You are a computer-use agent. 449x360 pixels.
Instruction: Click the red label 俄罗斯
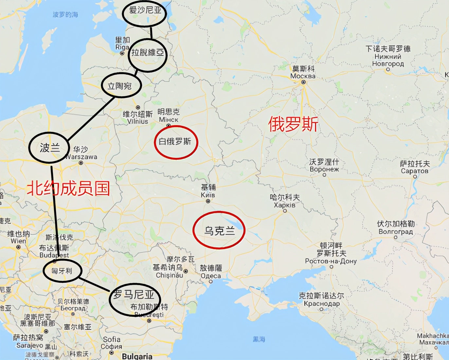point(293,124)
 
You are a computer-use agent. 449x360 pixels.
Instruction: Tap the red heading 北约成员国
point(68,189)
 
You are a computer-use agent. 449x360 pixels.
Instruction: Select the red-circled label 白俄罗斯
point(175,141)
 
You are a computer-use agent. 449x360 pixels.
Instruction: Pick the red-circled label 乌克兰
point(220,231)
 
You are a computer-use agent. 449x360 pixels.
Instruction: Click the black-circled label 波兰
point(50,148)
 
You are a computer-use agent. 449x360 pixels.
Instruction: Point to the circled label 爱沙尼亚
point(145,10)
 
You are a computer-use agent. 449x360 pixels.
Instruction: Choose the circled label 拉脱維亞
point(148,52)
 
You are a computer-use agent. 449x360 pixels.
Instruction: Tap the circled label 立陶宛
point(119,86)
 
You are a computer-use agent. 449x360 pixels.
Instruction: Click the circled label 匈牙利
point(62,271)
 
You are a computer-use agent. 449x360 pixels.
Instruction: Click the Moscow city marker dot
point(303,82)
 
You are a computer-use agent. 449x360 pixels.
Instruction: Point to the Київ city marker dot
point(208,201)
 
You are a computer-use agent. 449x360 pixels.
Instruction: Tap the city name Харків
point(284,205)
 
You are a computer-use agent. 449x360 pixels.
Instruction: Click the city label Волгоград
point(396,232)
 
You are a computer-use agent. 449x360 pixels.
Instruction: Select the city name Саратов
point(415,171)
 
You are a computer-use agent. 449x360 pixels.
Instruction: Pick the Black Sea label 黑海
point(259,339)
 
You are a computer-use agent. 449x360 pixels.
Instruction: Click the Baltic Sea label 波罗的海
point(65,15)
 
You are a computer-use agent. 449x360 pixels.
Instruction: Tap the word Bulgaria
point(137,356)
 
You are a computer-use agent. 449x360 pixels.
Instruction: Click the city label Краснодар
point(322,303)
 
